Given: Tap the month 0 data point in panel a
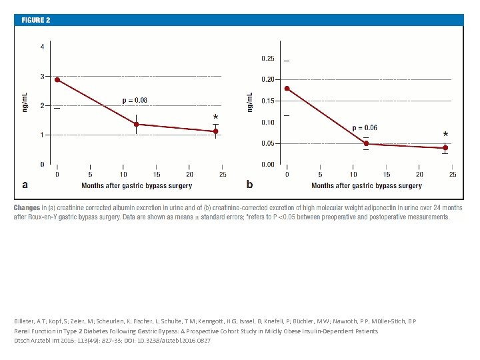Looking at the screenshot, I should click(x=57, y=79).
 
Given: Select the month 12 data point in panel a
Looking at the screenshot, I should click(x=137, y=124).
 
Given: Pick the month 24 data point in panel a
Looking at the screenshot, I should click(x=215, y=131).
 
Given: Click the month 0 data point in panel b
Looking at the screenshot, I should click(x=287, y=88).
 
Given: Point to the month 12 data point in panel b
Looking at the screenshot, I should click(x=366, y=143).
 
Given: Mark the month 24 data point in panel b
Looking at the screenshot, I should click(x=445, y=148).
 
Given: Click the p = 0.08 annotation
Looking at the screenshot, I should click(x=135, y=101).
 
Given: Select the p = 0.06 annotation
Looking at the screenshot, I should click(x=365, y=127).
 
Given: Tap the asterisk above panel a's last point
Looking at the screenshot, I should click(x=215, y=117).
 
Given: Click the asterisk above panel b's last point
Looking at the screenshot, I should click(x=445, y=135).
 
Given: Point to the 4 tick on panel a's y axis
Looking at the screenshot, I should click(x=43, y=47).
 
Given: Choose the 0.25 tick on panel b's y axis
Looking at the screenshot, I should click(x=267, y=59).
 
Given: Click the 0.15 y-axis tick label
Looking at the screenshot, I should click(x=267, y=101).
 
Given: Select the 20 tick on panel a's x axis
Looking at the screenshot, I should click(x=189, y=175).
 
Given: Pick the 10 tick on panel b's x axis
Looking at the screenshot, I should click(x=353, y=175).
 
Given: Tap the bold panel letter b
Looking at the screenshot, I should click(x=250, y=184).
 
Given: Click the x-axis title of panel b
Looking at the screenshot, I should click(x=367, y=185).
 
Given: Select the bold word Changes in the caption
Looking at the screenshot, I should click(x=27, y=207).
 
